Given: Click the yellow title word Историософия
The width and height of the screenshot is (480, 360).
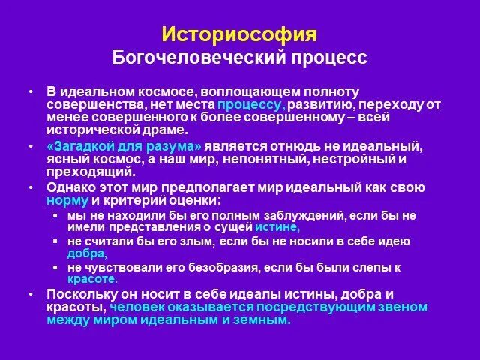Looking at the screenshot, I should tap(239, 35).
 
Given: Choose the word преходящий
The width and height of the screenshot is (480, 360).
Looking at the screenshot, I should tap(86, 172).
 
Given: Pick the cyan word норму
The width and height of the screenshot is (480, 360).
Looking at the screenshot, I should tap(67, 201).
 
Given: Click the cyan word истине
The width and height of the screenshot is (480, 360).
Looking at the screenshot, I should tap(277, 226).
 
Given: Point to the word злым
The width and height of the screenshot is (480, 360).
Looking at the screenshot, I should tap(197, 241).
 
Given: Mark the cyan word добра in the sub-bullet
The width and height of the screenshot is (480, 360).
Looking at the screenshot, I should tap(86, 253).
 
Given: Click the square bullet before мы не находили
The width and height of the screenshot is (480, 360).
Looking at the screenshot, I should tap(55, 216).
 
